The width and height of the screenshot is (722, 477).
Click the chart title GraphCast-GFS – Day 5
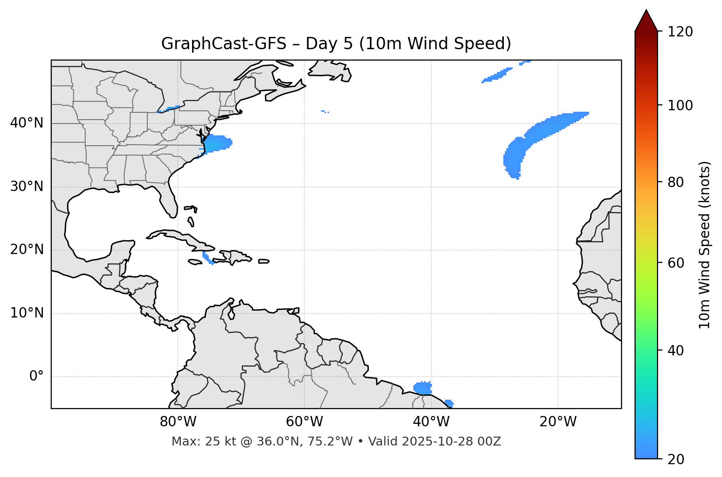pos(336,44)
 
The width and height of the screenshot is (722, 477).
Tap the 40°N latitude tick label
pos(27,123)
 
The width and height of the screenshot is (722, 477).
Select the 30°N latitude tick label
pos(27,187)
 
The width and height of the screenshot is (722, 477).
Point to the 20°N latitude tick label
pos(27,250)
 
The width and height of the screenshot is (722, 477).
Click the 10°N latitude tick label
pos(27,313)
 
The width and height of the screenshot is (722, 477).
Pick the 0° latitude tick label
pos(36,377)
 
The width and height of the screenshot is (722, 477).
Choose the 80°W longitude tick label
pos(178,422)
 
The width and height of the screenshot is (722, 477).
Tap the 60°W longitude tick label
pos(304,422)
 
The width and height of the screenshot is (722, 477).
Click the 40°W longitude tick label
pos(431,422)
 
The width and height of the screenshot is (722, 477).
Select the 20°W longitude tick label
pos(558,422)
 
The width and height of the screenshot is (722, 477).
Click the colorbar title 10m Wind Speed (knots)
pos(705,245)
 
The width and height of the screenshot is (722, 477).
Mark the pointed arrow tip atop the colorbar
pos(646,11)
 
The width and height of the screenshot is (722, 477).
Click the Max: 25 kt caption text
pos(336,442)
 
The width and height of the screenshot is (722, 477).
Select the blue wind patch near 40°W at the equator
pos(423,388)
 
